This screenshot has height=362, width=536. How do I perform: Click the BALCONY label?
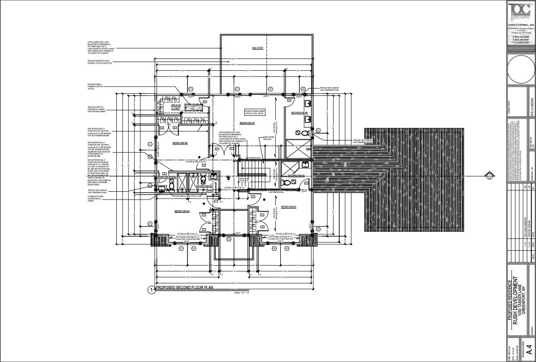(x=257, y=48)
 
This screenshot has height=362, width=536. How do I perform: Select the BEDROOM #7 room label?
(x=247, y=124)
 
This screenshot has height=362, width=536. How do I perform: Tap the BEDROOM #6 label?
(x=180, y=143)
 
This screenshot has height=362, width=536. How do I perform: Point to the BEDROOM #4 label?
(x=182, y=211)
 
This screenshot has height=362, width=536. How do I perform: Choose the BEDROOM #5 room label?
(x=288, y=207)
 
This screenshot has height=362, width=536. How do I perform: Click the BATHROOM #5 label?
(x=299, y=112)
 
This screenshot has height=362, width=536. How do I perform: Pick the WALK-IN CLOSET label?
(x=177, y=106)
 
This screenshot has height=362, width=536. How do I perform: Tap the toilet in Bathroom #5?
(x=306, y=133)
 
